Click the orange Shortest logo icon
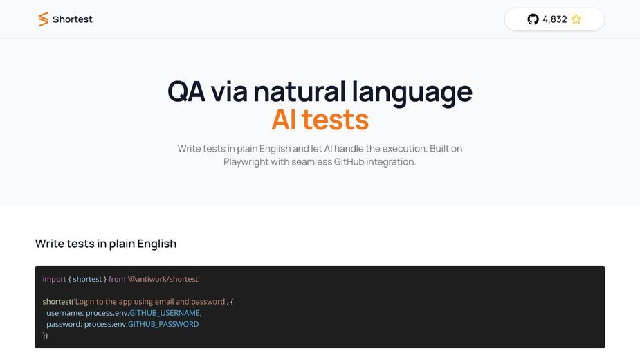click(44, 19)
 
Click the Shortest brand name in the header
click(72, 19)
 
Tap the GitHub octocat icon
click(533, 19)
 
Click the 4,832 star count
click(555, 19)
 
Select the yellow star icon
click(576, 19)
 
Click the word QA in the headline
click(186, 91)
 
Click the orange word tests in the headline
click(335, 120)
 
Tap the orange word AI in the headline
click(284, 120)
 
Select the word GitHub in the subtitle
click(349, 162)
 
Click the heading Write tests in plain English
click(106, 244)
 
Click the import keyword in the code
click(54, 279)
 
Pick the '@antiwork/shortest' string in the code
click(164, 279)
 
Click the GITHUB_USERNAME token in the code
click(165, 313)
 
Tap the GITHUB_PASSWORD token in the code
click(163, 324)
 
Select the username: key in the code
click(65, 313)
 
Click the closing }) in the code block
click(45, 336)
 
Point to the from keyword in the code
click(117, 279)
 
